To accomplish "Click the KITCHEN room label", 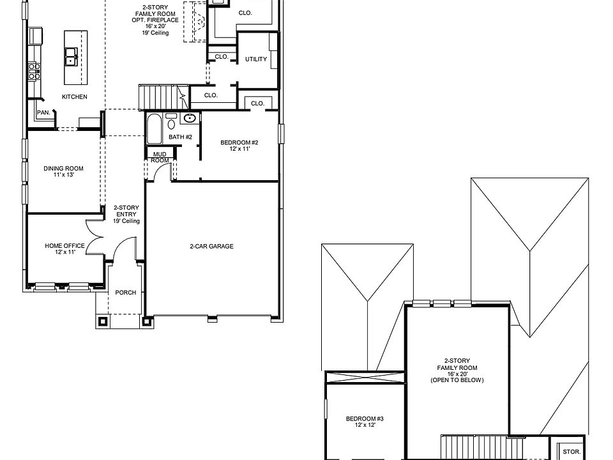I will tap(74, 96).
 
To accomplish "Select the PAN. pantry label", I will tap(43, 112).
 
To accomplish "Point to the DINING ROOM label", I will tap(63, 169).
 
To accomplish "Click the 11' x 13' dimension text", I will tap(63, 175).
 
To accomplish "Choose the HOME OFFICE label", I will tap(64, 245).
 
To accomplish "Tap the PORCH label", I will tap(126, 293).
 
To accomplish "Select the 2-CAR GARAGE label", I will tap(211, 246).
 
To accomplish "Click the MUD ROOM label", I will tap(160, 157).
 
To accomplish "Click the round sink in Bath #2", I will tap(189, 119).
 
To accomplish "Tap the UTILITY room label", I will tap(256, 59).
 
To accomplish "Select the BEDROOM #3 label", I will tap(365, 419).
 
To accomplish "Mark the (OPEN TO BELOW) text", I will tap(457, 380).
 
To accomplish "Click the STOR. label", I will tap(571, 451).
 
